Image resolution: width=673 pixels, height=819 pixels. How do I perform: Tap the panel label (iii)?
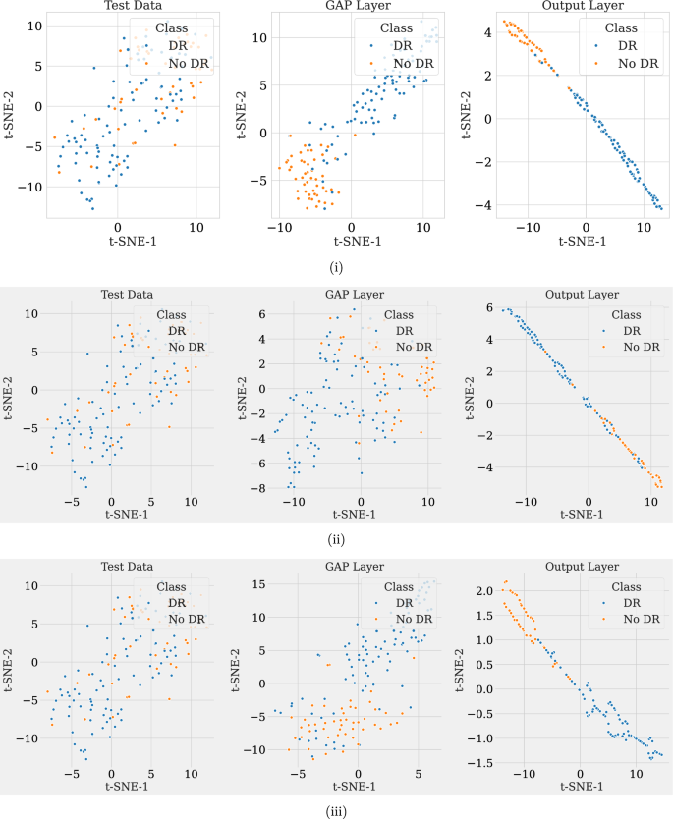point(336,809)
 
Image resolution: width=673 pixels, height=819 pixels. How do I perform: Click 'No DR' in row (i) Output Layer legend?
point(636,62)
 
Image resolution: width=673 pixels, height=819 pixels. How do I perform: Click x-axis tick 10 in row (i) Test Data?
point(196,227)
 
